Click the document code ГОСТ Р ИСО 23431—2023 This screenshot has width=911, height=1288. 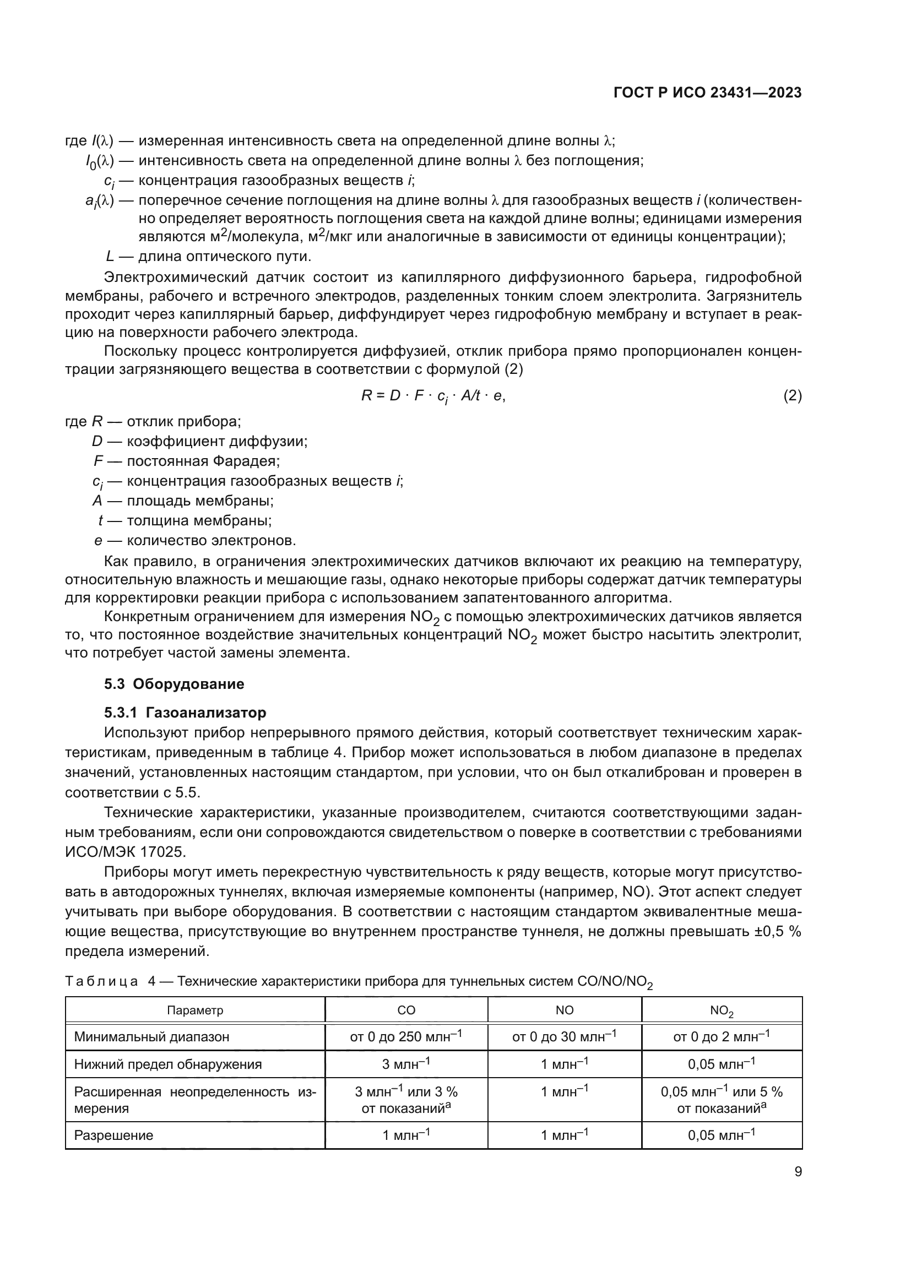[x=707, y=93]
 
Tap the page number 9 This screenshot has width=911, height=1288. [x=798, y=1172]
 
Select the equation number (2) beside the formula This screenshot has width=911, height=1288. [x=792, y=396]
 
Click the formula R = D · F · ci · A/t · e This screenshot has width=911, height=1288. [x=433, y=396]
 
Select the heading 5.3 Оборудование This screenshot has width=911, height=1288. [x=174, y=684]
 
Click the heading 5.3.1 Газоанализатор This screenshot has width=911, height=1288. [x=185, y=713]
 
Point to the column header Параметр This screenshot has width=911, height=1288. [x=194, y=1010]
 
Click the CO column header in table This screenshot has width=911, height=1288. [x=406, y=1010]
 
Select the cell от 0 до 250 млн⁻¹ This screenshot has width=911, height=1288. [x=406, y=1037]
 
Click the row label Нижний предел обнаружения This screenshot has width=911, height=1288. [x=168, y=1064]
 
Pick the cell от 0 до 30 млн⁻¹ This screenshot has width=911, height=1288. [x=565, y=1037]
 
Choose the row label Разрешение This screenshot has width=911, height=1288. [x=113, y=1135]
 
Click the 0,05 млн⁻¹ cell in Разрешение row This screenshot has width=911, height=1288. [x=722, y=1135]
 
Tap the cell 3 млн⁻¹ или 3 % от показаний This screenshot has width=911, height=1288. [x=406, y=1100]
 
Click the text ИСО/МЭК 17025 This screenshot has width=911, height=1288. [x=124, y=852]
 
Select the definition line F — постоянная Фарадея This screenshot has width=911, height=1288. [x=187, y=461]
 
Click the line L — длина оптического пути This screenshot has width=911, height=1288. [x=208, y=257]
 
